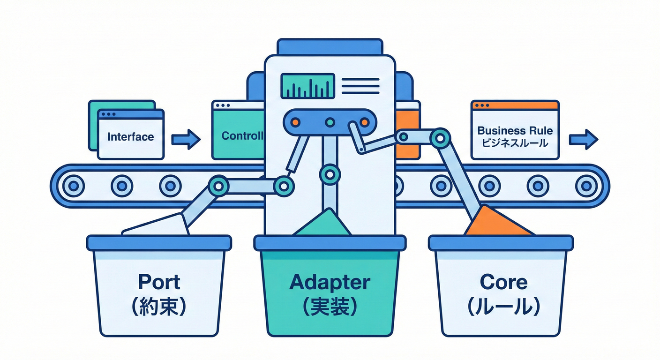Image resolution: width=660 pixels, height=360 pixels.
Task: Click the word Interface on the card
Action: click(x=130, y=137)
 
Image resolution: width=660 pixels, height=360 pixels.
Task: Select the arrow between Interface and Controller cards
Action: click(x=186, y=140)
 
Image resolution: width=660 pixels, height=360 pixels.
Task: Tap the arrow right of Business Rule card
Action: click(x=583, y=139)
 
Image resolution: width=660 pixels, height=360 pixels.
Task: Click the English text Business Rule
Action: click(x=515, y=131)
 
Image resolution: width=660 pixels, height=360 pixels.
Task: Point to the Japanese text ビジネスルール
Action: click(x=515, y=143)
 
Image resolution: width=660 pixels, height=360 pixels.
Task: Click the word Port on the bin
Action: click(x=159, y=282)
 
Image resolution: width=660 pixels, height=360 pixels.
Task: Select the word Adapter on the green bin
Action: click(x=330, y=282)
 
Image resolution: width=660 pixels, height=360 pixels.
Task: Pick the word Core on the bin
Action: click(x=504, y=282)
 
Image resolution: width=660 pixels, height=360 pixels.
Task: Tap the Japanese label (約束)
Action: click(x=159, y=307)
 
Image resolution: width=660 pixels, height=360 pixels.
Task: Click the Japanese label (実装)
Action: click(x=330, y=307)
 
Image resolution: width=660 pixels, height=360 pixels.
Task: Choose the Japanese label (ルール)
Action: click(x=504, y=307)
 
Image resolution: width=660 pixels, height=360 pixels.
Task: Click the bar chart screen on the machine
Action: click(x=307, y=86)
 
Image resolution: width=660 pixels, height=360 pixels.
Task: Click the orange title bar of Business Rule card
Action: click(x=515, y=105)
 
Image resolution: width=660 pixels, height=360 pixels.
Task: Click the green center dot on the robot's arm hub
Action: click(x=330, y=122)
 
